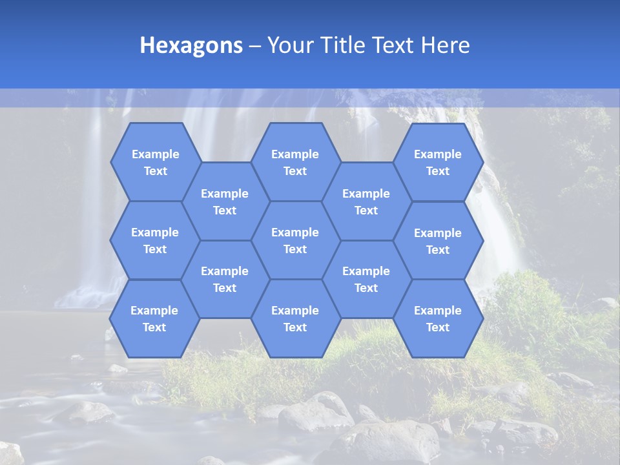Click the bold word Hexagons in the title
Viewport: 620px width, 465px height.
tap(191, 45)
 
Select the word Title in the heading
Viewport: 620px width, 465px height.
tap(340, 45)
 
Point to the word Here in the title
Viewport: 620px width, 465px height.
tap(445, 45)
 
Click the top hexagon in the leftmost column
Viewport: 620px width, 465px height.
tap(155, 162)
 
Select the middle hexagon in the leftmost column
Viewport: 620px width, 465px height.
tap(155, 240)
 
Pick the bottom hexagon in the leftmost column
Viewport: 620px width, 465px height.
tap(154, 318)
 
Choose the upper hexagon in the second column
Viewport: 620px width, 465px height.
tap(225, 201)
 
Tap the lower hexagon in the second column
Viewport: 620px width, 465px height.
tap(225, 279)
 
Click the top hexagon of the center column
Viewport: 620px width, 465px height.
tap(295, 162)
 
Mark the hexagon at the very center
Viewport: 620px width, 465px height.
tap(295, 240)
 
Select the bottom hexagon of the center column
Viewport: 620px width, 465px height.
tap(295, 318)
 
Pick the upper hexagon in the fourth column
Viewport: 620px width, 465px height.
tap(366, 201)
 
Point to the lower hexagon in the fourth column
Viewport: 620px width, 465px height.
tap(366, 279)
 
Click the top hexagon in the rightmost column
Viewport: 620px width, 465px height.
tap(438, 162)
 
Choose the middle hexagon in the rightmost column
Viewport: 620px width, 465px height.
tap(438, 241)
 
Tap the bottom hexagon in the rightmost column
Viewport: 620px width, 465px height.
tap(438, 318)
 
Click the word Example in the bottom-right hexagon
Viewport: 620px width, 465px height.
tap(438, 311)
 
